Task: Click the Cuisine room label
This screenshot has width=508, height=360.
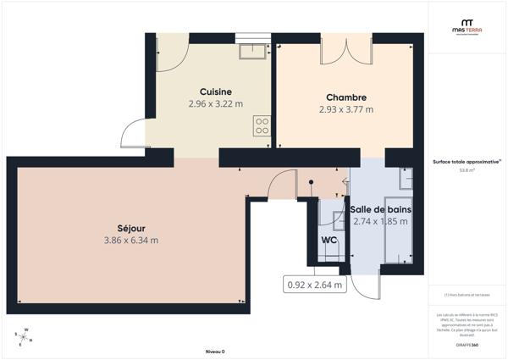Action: [x=215, y=91]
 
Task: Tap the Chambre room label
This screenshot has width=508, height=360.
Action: [x=345, y=97]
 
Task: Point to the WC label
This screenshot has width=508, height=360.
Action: [x=329, y=239]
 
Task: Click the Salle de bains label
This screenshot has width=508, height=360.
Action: [x=380, y=209]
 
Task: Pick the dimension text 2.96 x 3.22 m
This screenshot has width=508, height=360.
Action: [x=215, y=104]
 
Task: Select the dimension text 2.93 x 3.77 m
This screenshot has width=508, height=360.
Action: [x=345, y=109]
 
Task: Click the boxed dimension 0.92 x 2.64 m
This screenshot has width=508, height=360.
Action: [x=315, y=285]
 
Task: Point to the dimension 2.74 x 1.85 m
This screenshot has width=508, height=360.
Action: [x=380, y=222]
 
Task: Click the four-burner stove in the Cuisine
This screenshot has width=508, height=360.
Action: [x=262, y=126]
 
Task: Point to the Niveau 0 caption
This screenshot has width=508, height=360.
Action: [x=215, y=351]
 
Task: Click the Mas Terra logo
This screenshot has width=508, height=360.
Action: [x=467, y=27]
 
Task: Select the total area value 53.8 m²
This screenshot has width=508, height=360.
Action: [x=467, y=170]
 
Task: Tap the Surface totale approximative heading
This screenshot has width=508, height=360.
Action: [x=467, y=161]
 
